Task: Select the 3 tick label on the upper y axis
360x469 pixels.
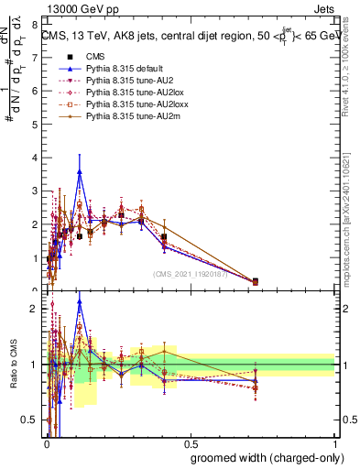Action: (x=36, y=191)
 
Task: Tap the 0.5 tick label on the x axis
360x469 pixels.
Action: (x=190, y=440)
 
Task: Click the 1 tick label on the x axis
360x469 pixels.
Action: (x=334, y=440)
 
